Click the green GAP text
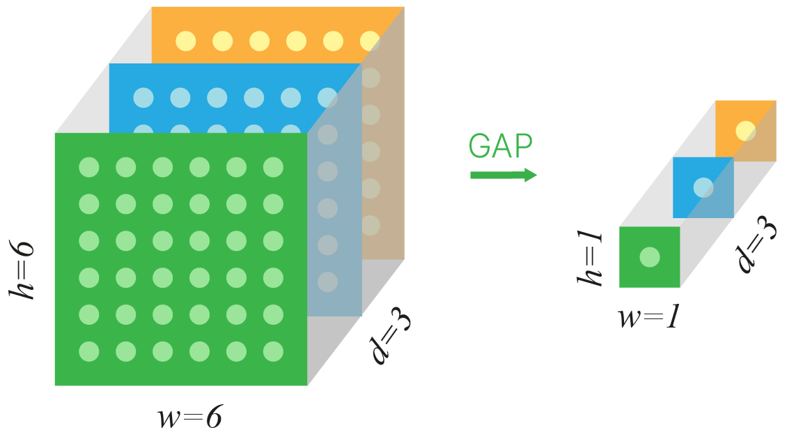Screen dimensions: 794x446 (x=500, y=146)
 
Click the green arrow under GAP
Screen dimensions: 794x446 (x=504, y=176)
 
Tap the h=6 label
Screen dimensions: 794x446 (x=22, y=270)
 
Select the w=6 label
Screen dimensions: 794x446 (x=190, y=417)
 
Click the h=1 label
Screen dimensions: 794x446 (x=590, y=259)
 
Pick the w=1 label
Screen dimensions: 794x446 (x=648, y=317)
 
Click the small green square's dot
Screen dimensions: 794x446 (x=650, y=257)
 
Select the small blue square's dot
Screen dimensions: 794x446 (x=703, y=187)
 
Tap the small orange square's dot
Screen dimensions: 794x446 (x=745, y=131)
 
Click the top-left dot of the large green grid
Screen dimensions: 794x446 (x=89, y=167)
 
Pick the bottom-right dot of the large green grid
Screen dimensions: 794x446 (x=274, y=351)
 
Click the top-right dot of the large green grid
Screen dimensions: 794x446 (x=274, y=167)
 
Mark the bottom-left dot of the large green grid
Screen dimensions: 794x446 (x=89, y=351)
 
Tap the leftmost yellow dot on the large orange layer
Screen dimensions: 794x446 (x=186, y=41)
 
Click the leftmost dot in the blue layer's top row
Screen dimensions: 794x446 (x=143, y=98)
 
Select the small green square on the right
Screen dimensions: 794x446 (x=650, y=257)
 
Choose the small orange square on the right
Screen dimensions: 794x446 (x=745, y=131)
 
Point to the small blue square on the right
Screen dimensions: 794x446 (x=703, y=187)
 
